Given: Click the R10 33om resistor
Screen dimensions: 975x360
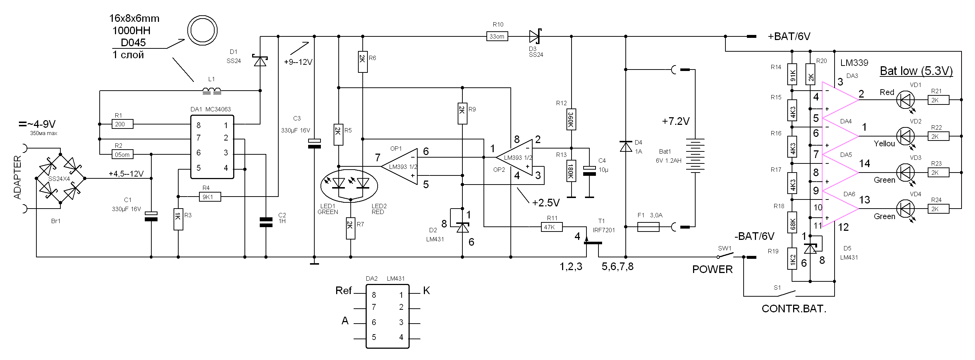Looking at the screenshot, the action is click(497, 36).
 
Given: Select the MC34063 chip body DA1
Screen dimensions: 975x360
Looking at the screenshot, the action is click(212, 146).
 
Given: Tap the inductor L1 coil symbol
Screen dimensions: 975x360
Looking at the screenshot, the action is click(212, 91).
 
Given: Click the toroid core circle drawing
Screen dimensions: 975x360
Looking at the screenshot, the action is click(203, 30).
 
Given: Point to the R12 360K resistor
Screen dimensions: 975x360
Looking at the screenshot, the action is click(571, 120).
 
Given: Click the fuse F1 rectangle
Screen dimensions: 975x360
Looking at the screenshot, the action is click(648, 227).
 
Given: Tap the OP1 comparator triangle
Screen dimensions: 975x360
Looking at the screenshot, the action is click(399, 166).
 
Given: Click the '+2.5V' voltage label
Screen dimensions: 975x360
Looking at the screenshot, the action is click(546, 203).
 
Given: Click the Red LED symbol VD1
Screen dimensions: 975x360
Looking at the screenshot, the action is click(906, 100).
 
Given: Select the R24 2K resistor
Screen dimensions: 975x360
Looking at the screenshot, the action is click(938, 209).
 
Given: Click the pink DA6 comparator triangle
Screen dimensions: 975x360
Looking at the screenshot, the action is click(840, 209).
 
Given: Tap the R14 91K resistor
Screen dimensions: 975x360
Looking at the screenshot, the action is click(792, 74).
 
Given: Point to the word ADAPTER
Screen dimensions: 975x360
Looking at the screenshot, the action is click(17, 177).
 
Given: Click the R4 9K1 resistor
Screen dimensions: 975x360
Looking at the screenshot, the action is click(210, 197).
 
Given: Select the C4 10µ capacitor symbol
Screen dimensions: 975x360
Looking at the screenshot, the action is click(589, 171).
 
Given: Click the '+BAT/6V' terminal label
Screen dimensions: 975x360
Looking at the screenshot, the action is click(789, 36).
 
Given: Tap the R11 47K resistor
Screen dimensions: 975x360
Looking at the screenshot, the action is click(552, 227).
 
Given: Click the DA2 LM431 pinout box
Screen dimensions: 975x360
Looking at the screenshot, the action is click(387, 316).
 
